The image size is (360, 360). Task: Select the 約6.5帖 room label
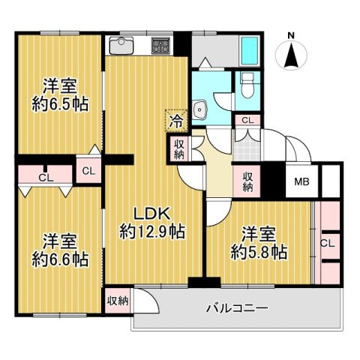click(59, 104)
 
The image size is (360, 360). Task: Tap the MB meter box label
click(301, 181)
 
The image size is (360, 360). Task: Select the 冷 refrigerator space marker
click(175, 118)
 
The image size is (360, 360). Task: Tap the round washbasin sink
click(199, 109)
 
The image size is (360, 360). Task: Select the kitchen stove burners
click(160, 45)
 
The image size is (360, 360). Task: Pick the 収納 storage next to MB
click(247, 179)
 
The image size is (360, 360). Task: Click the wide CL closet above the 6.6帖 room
click(46, 178)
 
